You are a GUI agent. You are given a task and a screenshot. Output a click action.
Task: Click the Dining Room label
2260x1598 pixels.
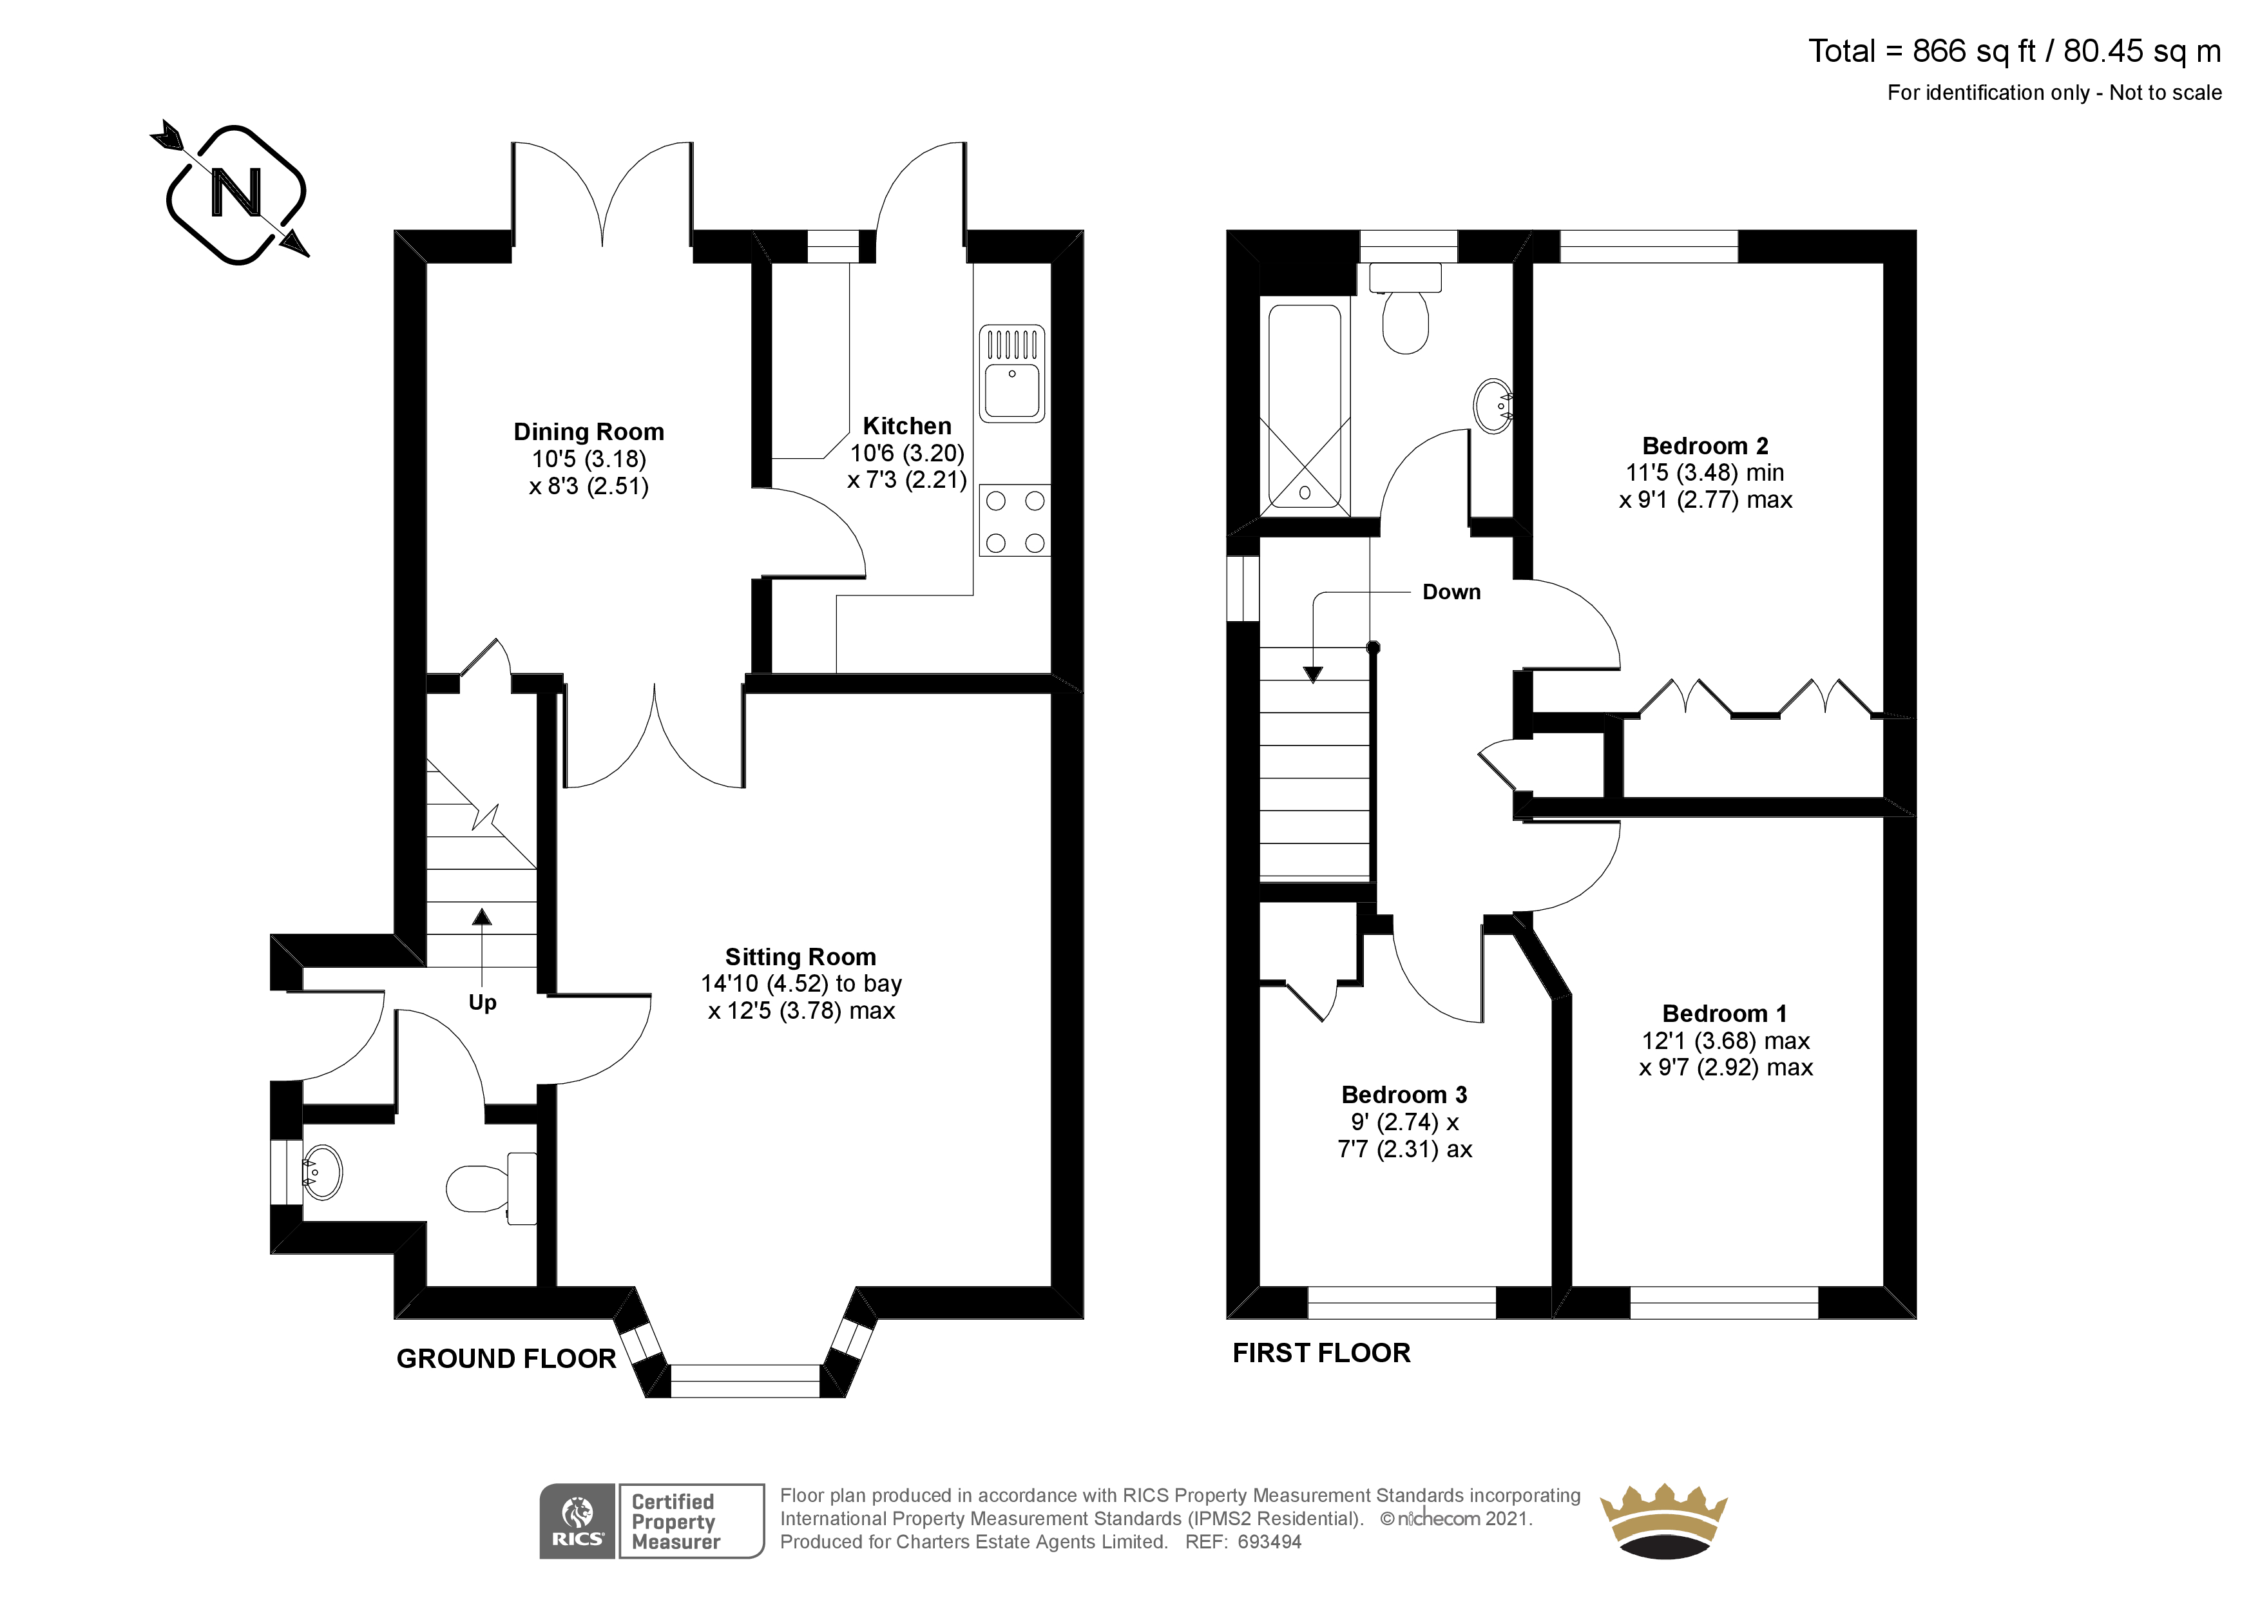(x=589, y=432)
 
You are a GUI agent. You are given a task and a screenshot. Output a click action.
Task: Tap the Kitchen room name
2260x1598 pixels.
(x=906, y=427)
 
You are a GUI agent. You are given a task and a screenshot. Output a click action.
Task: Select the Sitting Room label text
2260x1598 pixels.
(x=800, y=957)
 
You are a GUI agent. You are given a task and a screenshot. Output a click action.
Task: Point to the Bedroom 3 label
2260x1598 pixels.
(x=1404, y=1095)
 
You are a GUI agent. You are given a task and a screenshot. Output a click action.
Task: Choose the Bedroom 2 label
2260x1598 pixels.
(x=1705, y=446)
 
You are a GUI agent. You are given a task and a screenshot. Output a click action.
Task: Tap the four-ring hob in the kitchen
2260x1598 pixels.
(x=1015, y=521)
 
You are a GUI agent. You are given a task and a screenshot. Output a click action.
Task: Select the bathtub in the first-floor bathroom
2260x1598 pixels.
(x=1304, y=406)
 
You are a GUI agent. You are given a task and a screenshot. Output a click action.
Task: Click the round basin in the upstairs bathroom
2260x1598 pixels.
(x=1493, y=406)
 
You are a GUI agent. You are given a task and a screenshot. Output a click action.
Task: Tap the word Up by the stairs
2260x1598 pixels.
(x=483, y=1003)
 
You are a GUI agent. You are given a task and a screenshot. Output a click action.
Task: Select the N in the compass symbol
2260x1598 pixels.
(x=236, y=193)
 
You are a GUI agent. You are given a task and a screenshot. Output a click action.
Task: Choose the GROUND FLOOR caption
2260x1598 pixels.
(x=506, y=1359)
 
